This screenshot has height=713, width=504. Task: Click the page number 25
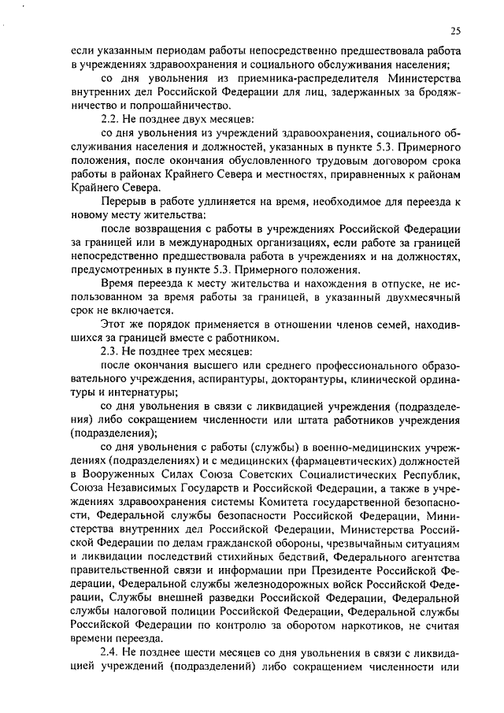[456, 31]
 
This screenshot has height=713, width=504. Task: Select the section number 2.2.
[111, 117]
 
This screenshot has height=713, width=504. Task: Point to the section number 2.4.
[111, 654]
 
